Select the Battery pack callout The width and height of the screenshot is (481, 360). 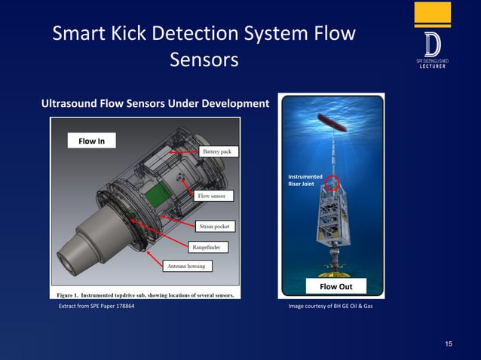(x=219, y=151)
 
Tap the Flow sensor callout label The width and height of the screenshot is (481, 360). (x=213, y=196)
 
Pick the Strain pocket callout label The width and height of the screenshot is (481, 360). (x=215, y=225)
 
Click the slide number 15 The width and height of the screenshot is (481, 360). (x=449, y=344)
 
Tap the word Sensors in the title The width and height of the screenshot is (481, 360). (x=204, y=59)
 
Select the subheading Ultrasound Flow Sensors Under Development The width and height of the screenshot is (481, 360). (x=155, y=102)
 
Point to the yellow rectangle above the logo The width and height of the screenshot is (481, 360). (x=432, y=14)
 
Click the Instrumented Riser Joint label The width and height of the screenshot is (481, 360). (x=305, y=180)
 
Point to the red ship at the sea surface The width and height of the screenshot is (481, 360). (x=332, y=120)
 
